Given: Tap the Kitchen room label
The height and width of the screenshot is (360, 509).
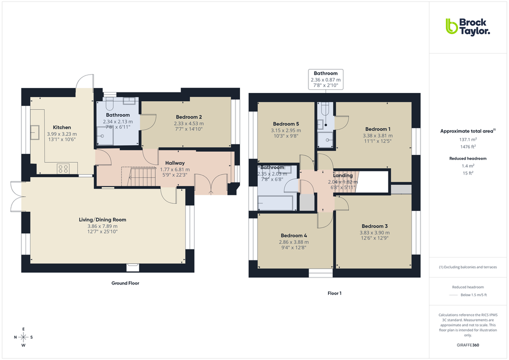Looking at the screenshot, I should [62, 127].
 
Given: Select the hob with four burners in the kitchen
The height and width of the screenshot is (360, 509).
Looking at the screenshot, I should [63, 168].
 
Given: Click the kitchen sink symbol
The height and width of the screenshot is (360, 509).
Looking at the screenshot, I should [36, 132].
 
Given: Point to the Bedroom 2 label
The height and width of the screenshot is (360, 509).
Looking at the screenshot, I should [188, 117].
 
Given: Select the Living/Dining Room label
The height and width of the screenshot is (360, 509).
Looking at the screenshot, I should [102, 219].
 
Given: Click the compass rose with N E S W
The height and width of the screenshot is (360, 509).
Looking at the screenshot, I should [23, 336].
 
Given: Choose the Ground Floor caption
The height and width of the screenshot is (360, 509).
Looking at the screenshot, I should [125, 283].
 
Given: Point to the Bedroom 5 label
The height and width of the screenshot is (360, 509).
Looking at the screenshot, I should [285, 124].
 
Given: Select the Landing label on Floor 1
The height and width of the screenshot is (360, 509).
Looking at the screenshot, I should [343, 175].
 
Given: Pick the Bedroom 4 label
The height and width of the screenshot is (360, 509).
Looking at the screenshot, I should [294, 235].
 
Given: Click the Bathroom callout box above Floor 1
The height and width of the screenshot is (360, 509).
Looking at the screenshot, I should [325, 79].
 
